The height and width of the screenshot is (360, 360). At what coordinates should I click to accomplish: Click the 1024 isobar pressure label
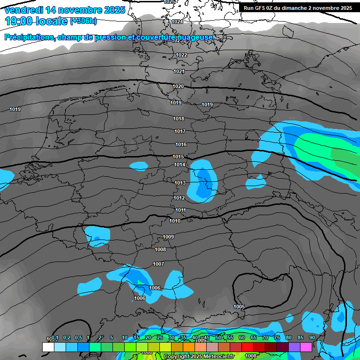(177, 22)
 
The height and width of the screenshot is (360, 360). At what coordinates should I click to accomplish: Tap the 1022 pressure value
(181, 55)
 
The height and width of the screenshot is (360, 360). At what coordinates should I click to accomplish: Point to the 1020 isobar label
(178, 87)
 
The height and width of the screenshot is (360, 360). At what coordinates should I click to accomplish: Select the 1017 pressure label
(180, 132)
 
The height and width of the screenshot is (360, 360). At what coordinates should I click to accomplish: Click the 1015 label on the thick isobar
(178, 157)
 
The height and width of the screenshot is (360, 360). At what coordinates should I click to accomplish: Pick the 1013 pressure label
(180, 183)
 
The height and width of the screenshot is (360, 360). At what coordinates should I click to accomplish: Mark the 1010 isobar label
(175, 221)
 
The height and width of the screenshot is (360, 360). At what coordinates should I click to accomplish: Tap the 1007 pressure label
(158, 264)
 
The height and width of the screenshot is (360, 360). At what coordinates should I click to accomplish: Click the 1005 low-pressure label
(239, 307)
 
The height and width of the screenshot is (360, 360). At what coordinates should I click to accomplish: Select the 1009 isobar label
(169, 237)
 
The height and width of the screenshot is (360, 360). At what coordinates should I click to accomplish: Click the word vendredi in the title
(23, 10)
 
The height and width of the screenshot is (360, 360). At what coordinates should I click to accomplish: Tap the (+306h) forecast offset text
(83, 21)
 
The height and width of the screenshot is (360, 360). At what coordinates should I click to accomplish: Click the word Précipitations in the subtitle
(29, 37)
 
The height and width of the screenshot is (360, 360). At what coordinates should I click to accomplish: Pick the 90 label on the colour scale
(312, 337)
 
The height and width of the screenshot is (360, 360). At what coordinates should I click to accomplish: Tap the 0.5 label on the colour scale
(78, 337)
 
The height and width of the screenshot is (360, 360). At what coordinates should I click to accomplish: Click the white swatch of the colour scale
(48, 347)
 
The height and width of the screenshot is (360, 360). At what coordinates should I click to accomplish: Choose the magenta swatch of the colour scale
(306, 347)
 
